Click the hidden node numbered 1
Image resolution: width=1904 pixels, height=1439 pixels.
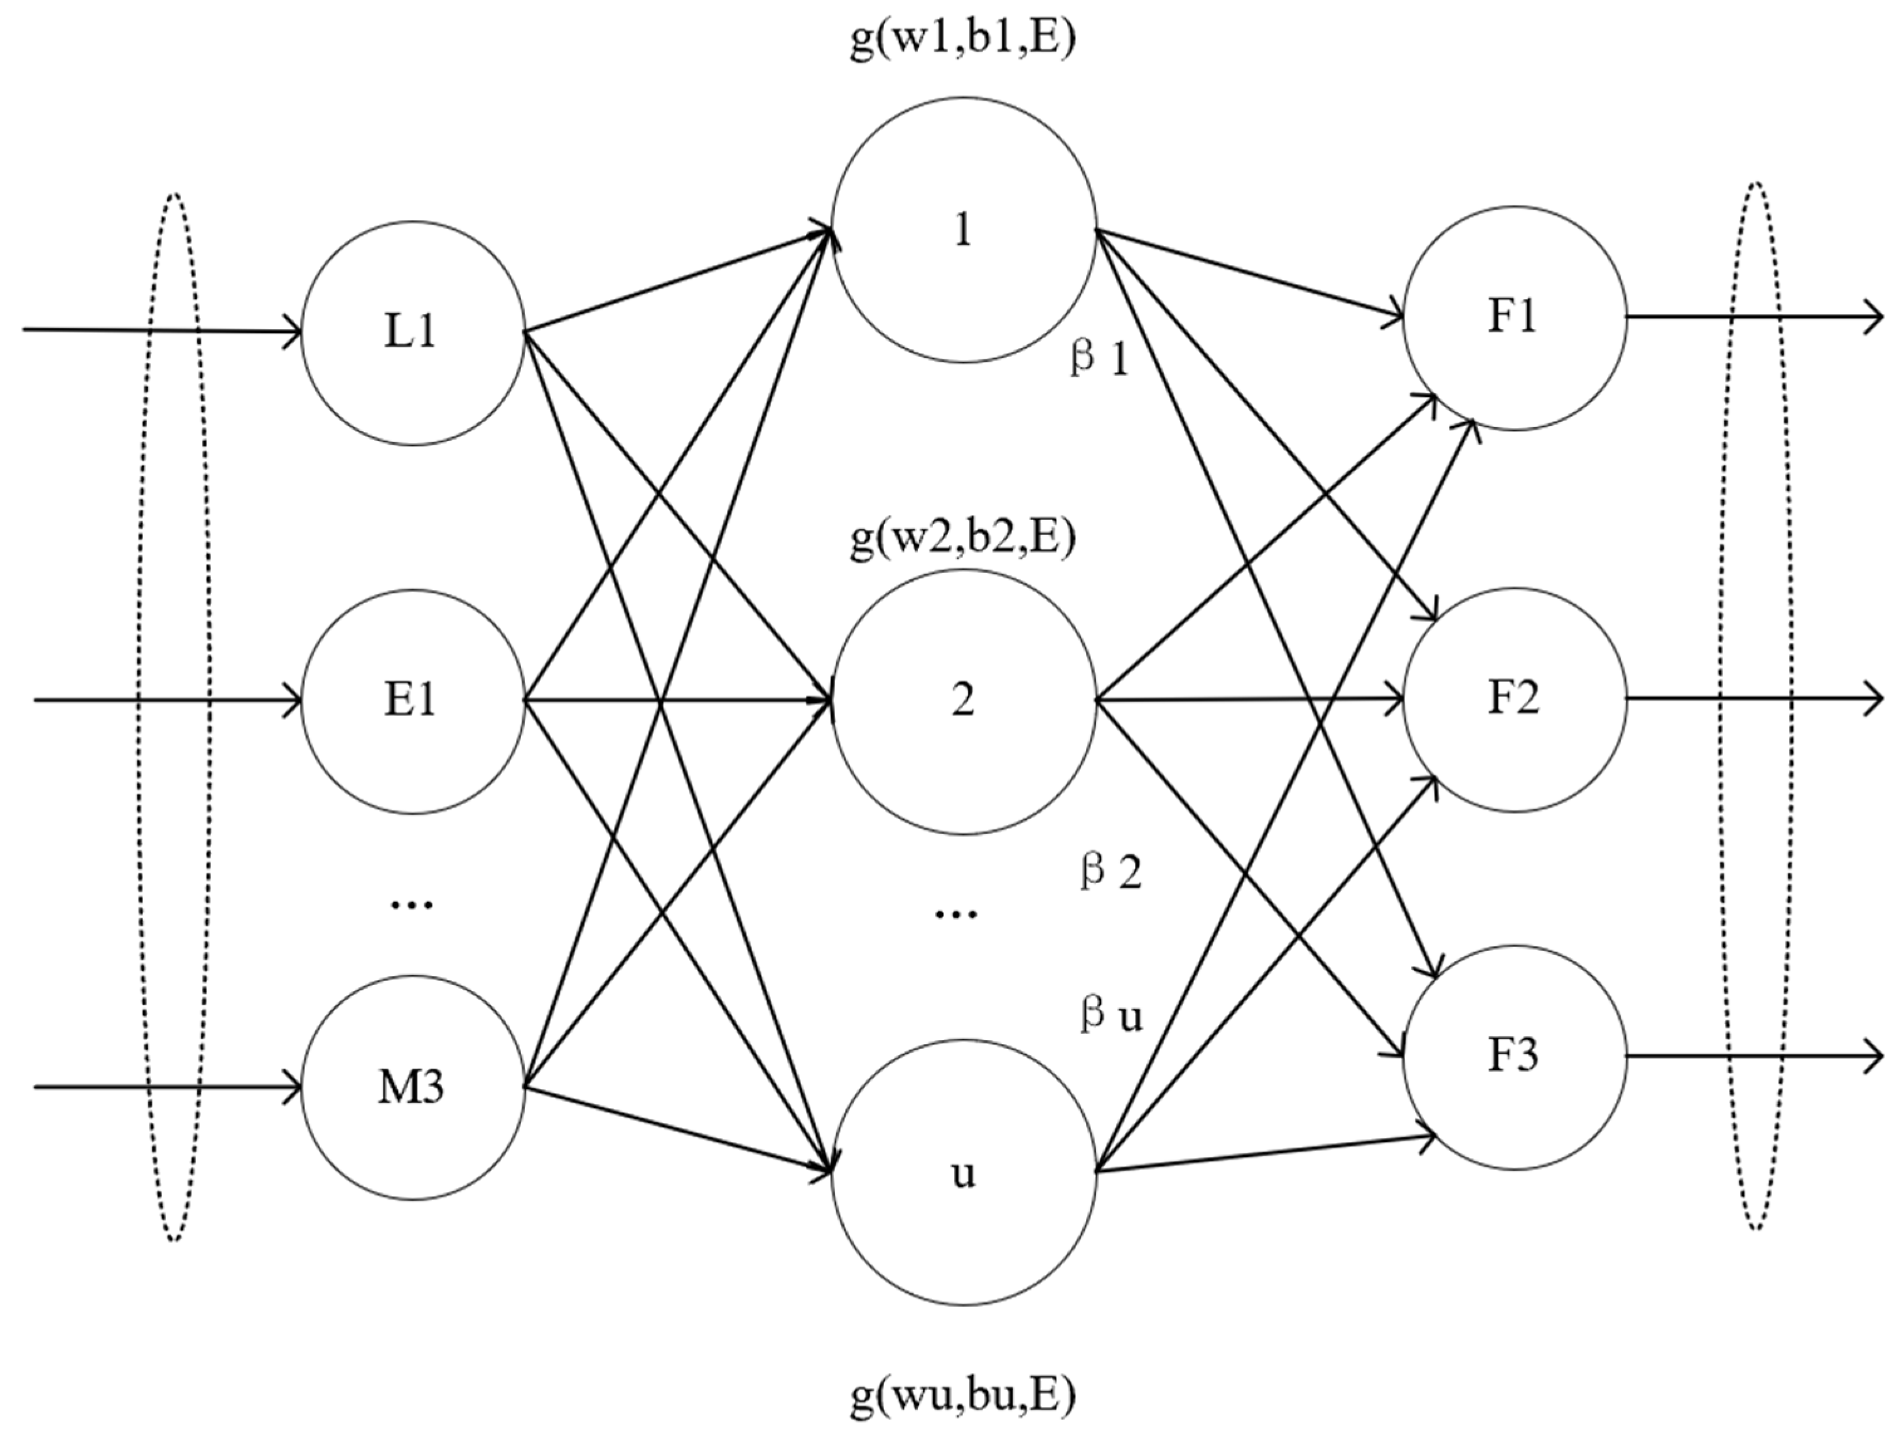963,230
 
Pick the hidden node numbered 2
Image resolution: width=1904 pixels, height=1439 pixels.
963,701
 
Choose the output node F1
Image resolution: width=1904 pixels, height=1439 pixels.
1514,318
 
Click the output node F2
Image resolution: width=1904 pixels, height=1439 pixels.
1514,699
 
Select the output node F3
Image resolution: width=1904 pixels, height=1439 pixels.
1514,1056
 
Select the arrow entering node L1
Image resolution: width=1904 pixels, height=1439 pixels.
164,330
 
